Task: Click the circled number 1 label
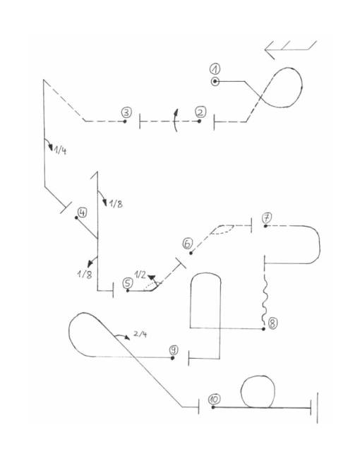pos(215,69)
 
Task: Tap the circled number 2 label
pos(200,112)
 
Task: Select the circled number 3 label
pos(126,112)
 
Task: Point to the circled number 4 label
pos(83,213)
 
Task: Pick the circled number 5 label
pos(128,283)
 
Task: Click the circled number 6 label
pos(188,243)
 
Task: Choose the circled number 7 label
pos(267,217)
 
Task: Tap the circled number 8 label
pos(272,323)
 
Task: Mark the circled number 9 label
pos(174,350)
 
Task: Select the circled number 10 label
pos(214,399)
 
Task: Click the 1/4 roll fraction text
pos(60,150)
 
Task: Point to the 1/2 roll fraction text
pos(140,274)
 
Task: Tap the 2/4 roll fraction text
pos(140,334)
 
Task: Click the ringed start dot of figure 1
pos(215,82)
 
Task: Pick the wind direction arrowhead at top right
pos(270,50)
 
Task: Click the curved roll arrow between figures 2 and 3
pos(175,121)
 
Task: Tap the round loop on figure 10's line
pos(258,392)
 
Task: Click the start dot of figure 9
pos(172,358)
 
